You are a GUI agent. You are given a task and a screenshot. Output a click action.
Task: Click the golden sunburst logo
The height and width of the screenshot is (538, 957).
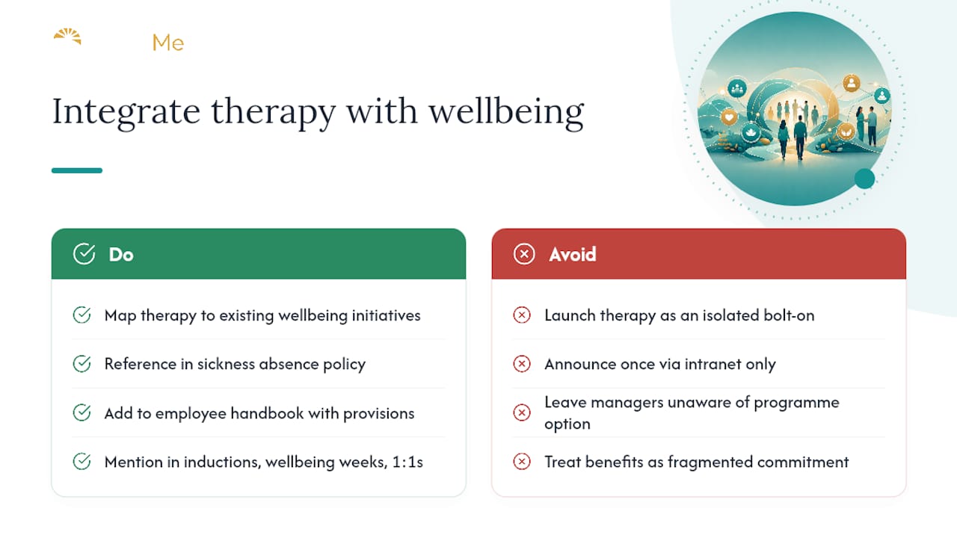click(x=67, y=37)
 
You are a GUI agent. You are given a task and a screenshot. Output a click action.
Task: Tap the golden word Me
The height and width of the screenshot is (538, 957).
click(x=168, y=43)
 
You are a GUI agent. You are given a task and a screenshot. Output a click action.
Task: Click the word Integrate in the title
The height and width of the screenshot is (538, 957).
click(x=126, y=112)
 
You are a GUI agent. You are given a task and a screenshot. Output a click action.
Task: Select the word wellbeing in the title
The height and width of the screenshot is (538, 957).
click(x=506, y=112)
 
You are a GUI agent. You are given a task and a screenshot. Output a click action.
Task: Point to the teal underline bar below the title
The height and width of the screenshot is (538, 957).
click(x=77, y=170)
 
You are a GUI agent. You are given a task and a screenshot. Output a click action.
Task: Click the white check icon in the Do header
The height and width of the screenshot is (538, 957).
click(x=84, y=254)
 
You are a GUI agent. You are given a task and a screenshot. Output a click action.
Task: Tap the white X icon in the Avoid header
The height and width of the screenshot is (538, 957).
click(x=524, y=254)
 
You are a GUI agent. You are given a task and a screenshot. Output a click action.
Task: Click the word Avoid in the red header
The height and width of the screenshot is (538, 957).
click(x=573, y=255)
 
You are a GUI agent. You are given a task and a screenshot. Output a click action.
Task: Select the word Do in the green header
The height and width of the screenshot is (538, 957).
click(x=121, y=255)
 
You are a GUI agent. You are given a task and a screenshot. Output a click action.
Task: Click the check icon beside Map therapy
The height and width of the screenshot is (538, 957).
click(x=81, y=315)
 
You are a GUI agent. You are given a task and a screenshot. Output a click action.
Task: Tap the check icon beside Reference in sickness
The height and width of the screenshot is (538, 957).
click(x=81, y=364)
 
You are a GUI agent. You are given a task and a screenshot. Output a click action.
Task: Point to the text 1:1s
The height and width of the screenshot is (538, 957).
click(x=407, y=462)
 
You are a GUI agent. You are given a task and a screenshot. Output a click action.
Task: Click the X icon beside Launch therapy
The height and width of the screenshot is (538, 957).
click(x=522, y=315)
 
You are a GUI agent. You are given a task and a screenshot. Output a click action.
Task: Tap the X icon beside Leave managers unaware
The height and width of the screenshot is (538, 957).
click(x=522, y=412)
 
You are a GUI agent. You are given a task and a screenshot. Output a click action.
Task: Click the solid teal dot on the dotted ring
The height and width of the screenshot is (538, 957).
click(x=865, y=179)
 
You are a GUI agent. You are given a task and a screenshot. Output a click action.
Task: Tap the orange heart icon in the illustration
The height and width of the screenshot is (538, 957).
click(x=729, y=117)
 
